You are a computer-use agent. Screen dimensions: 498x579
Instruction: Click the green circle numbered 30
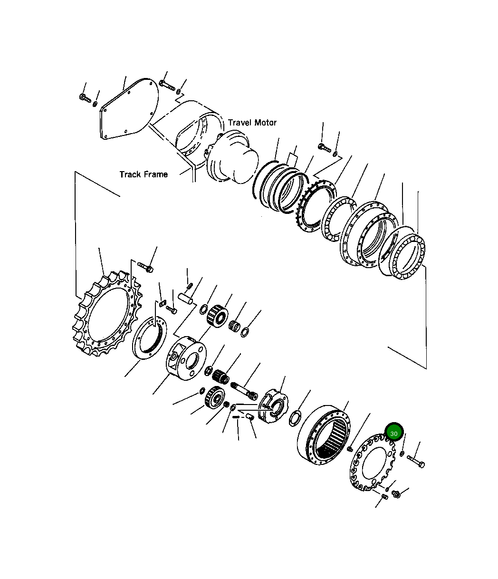(x=394, y=434)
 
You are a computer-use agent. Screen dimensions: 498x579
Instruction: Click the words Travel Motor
(x=252, y=123)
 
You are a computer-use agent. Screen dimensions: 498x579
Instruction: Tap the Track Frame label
(x=144, y=174)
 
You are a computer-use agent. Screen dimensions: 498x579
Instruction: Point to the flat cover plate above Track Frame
(x=129, y=109)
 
